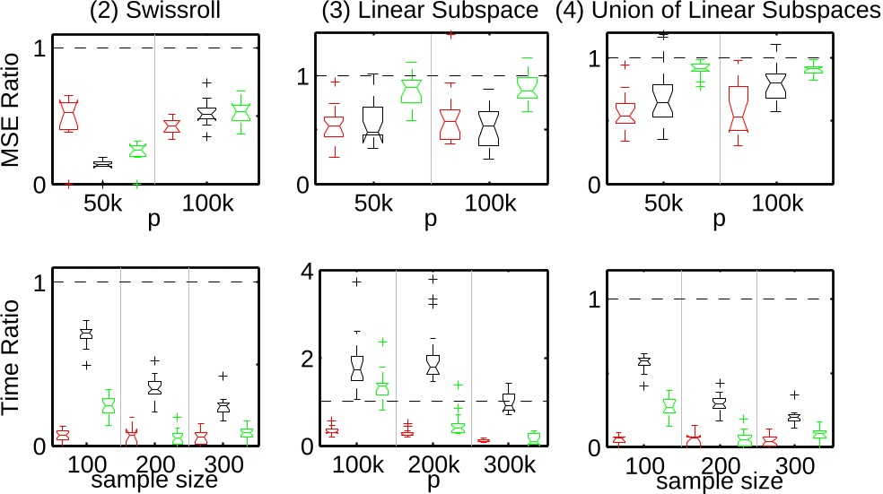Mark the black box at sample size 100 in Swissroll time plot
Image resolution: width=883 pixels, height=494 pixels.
point(86,337)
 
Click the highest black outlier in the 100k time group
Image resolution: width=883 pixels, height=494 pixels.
point(356,282)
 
